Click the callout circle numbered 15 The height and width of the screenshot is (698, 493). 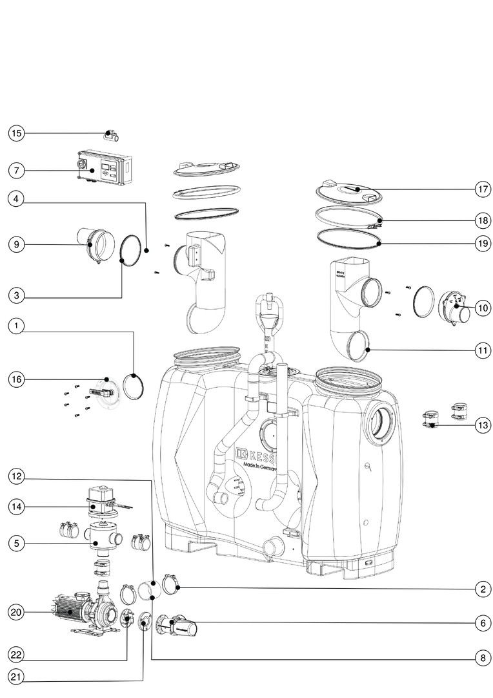coord(16,133)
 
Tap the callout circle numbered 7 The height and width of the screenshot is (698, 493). coord(16,171)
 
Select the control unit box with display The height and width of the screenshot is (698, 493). coord(103,169)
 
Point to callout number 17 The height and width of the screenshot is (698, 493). coord(482,190)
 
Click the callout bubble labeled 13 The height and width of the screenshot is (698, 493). coord(482,425)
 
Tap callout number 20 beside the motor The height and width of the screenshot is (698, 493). coord(16,611)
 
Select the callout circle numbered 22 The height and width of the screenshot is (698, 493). coord(16,654)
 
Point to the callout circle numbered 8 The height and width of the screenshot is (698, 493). coord(482,659)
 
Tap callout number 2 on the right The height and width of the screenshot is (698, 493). coord(482,588)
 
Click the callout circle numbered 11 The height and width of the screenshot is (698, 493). coord(482,350)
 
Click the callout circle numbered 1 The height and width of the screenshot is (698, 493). coord(16,327)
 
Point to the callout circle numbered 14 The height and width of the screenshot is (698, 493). coord(16,507)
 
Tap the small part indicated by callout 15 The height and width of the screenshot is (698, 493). coord(111,136)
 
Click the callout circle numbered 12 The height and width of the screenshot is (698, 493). coord(16,476)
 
